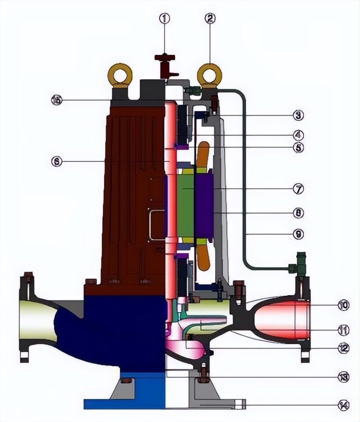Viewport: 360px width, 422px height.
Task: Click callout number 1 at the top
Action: click(x=164, y=18)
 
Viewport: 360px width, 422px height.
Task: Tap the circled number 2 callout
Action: click(x=210, y=18)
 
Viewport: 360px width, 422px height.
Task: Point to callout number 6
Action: click(x=57, y=161)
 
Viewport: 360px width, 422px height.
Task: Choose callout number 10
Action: click(x=343, y=305)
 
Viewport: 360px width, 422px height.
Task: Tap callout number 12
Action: click(x=343, y=348)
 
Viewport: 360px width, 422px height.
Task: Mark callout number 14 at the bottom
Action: click(x=343, y=405)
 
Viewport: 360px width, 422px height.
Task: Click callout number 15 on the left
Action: click(x=57, y=100)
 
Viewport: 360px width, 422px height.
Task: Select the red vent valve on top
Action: click(x=165, y=65)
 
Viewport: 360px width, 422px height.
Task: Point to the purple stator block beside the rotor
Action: click(x=204, y=204)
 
